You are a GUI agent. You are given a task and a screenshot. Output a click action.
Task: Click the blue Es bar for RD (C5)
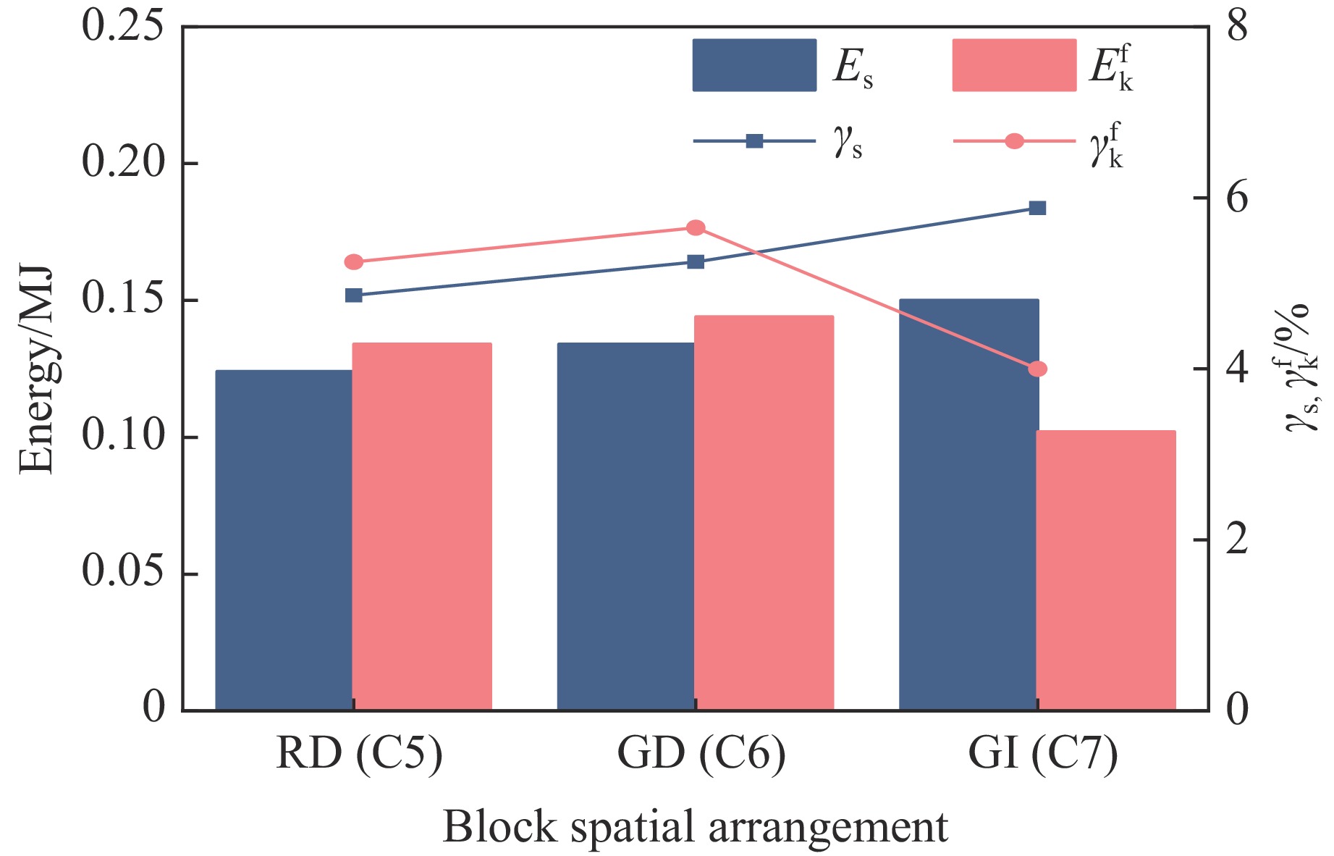[x=284, y=540]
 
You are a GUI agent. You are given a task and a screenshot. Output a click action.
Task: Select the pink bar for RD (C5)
[x=422, y=526]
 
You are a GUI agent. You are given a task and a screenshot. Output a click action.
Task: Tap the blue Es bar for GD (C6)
[x=625, y=526]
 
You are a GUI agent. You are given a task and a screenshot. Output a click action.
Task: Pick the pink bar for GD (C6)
[x=764, y=512]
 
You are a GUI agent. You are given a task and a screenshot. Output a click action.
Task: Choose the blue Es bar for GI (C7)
[x=968, y=504]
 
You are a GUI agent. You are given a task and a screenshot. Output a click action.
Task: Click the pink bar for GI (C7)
[x=1106, y=570]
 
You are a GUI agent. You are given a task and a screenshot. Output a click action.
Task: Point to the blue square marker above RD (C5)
[x=354, y=295]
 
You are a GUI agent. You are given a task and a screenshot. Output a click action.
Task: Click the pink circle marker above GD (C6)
[x=696, y=228]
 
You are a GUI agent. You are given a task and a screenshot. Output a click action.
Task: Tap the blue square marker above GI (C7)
[x=1037, y=209]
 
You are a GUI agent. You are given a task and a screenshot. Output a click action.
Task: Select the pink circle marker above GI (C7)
[x=1037, y=369]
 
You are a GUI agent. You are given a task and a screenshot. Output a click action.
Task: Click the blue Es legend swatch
[x=754, y=65]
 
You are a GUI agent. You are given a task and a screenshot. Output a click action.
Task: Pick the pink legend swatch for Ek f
[x=1013, y=65]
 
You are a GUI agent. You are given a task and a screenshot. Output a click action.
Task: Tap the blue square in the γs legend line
[x=754, y=141]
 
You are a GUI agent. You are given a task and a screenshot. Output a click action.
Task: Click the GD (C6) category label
[x=701, y=754]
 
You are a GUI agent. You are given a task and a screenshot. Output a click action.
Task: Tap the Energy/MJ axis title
[x=36, y=369]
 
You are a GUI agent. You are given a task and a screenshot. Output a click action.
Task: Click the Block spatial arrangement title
[x=695, y=826]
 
